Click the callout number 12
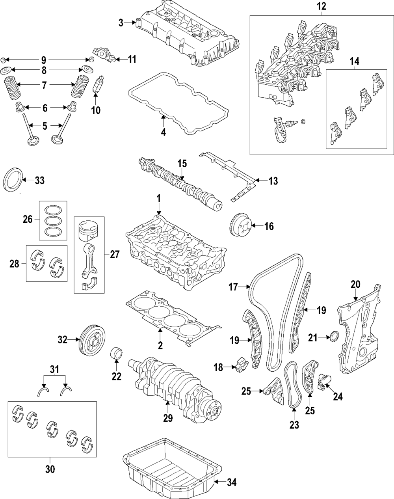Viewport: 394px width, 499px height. click(322, 6)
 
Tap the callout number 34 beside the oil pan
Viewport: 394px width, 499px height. click(231, 482)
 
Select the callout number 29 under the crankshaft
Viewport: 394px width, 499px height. click(168, 418)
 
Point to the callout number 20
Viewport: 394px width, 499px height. click(355, 285)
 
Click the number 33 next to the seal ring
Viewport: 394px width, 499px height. click(39, 180)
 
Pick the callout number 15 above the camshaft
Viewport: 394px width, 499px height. click(182, 164)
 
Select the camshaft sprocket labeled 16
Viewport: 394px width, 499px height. click(241, 225)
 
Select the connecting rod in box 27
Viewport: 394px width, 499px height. click(89, 261)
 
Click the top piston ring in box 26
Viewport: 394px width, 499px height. click(53, 210)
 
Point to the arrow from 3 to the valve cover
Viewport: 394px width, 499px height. click(130, 22)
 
